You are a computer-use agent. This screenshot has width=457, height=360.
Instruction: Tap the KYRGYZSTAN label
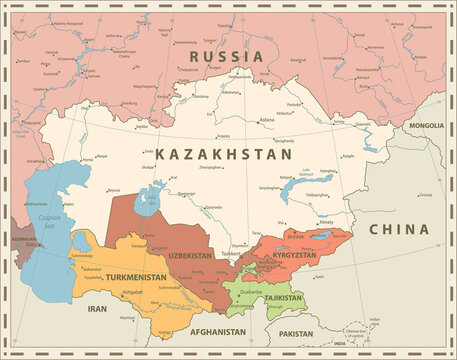pos(295,256)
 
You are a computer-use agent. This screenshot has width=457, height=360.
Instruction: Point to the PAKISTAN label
pos(298,333)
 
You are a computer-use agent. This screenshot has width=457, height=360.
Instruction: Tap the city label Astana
pos(266,120)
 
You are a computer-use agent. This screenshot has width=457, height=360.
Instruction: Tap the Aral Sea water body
pos(150,190)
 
